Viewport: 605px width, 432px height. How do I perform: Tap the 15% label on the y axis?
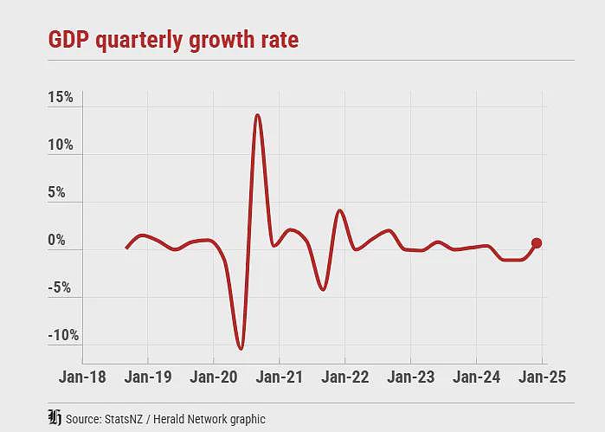click(61, 97)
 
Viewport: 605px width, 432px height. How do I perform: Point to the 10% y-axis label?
click(61, 145)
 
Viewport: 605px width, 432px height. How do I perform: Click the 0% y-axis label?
click(57, 240)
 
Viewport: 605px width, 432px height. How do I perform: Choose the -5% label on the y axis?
click(60, 287)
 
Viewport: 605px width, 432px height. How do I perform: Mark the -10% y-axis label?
click(64, 335)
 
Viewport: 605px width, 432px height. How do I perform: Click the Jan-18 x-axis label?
click(82, 377)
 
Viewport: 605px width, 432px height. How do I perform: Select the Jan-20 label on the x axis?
click(214, 377)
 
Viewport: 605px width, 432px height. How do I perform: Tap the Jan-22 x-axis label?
click(345, 377)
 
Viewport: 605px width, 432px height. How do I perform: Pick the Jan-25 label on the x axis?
click(542, 377)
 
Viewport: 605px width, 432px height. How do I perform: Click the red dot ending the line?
click(537, 242)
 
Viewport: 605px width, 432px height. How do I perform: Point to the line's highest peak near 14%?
click(258, 114)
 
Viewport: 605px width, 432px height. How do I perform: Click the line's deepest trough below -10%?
click(241, 349)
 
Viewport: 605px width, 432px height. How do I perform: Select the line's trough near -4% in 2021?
click(323, 289)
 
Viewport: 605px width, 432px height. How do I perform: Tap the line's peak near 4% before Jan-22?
click(339, 210)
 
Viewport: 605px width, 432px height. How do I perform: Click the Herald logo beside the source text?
click(55, 418)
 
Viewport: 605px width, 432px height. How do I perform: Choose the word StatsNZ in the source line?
click(124, 419)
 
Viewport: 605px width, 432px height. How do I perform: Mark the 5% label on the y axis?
click(57, 192)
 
